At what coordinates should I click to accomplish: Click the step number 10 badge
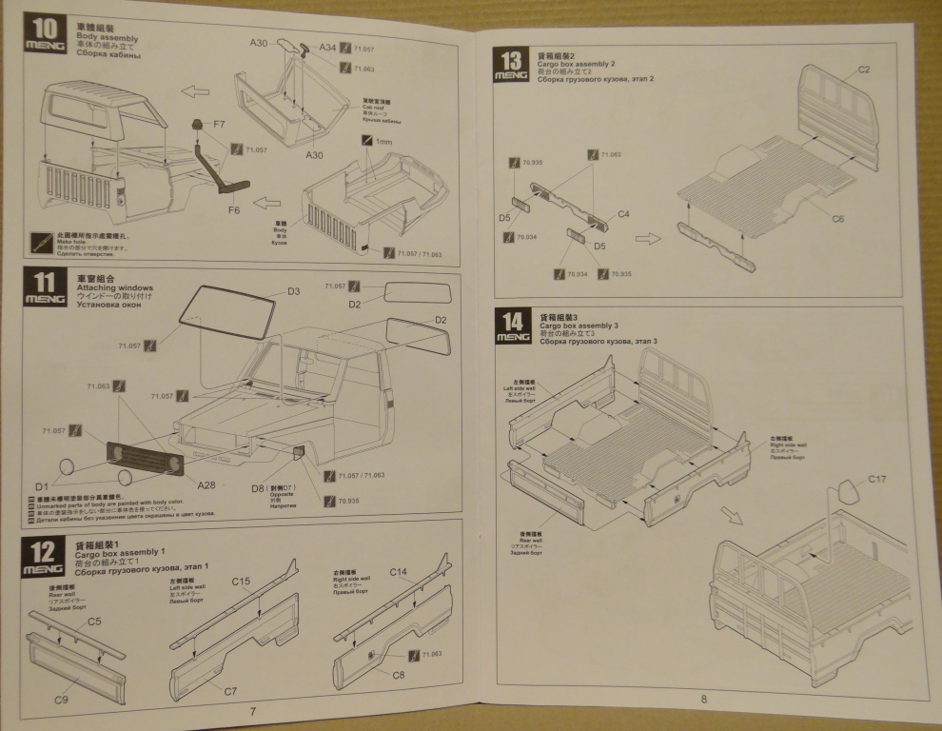(x=42, y=29)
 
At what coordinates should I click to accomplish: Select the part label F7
(x=219, y=124)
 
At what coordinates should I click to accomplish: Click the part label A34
(x=327, y=47)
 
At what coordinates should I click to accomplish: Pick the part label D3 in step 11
(x=293, y=291)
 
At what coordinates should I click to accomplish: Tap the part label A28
(x=206, y=484)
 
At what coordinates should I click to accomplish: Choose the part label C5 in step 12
(x=94, y=622)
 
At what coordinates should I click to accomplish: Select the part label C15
(x=241, y=581)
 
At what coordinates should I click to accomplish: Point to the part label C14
(x=399, y=572)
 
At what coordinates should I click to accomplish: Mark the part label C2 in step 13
(x=864, y=69)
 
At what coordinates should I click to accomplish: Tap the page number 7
(x=252, y=711)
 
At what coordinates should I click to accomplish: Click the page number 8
(x=703, y=700)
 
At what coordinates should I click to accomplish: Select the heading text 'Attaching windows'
(x=114, y=287)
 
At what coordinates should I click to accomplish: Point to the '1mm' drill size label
(x=384, y=142)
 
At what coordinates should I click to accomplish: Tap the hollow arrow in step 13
(x=648, y=238)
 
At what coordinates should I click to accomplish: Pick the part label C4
(x=623, y=214)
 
